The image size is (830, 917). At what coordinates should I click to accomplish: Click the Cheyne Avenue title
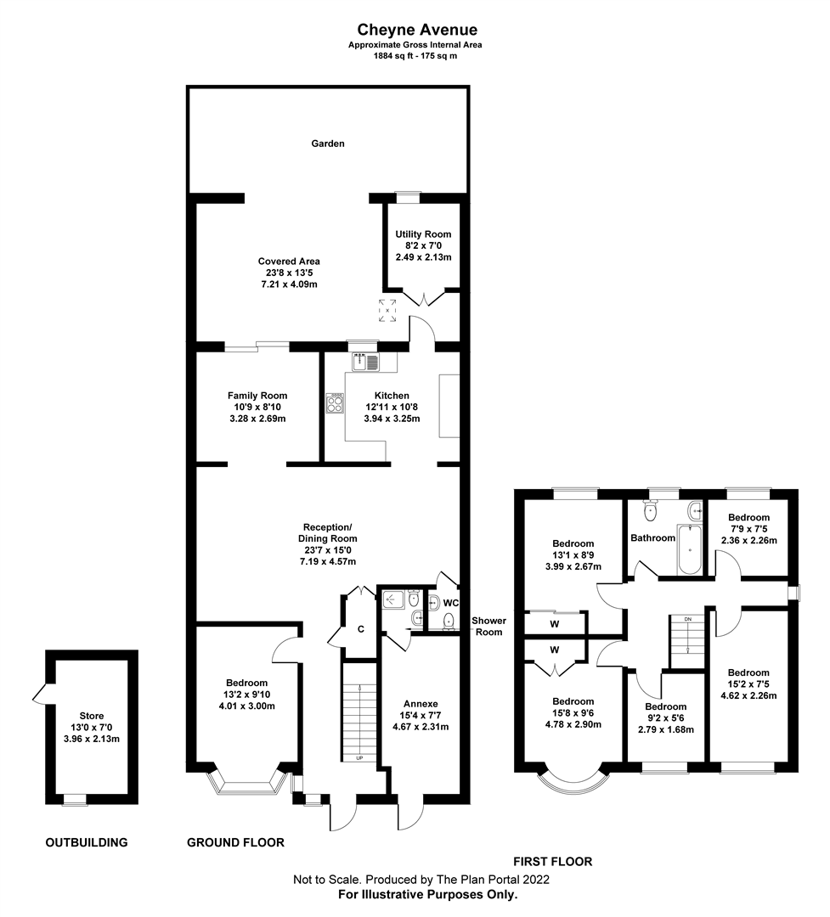(414, 31)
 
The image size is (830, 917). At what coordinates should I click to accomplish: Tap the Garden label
(327, 143)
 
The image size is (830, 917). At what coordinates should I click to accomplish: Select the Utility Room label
(423, 234)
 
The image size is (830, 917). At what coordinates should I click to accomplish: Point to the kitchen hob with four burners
(335, 403)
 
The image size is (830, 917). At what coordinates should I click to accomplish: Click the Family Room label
(257, 396)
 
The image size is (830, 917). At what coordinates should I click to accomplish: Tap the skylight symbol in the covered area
(387, 311)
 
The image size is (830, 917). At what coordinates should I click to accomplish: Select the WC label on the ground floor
(450, 604)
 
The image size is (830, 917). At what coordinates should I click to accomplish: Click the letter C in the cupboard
(361, 629)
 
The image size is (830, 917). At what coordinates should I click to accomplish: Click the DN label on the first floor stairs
(688, 620)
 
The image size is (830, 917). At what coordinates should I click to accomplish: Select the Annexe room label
(421, 703)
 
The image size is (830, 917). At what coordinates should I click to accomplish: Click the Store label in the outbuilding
(92, 716)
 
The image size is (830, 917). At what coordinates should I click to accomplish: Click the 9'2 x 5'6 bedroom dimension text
(665, 718)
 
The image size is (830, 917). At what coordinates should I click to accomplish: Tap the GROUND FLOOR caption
(235, 842)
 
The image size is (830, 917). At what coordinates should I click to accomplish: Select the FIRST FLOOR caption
(552, 862)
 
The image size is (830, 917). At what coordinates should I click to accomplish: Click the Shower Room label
(489, 626)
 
